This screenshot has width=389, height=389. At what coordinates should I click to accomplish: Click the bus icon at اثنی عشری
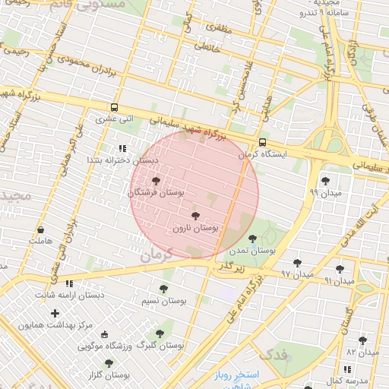[114, 107]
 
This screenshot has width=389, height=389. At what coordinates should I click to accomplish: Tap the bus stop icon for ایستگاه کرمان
[262, 142]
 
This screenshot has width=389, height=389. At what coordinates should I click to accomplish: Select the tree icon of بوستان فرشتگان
[156, 181]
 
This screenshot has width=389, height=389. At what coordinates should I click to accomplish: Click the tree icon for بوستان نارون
[196, 216]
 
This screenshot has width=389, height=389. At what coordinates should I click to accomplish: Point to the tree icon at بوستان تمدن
[252, 239]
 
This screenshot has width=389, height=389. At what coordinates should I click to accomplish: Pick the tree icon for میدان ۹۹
[325, 181]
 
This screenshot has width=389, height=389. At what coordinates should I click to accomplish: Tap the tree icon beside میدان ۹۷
[297, 263]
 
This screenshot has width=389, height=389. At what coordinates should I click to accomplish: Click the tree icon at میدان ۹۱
[340, 268]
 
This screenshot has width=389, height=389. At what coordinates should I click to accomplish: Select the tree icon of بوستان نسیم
[163, 289]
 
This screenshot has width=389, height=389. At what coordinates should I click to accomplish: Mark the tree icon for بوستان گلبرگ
[160, 333]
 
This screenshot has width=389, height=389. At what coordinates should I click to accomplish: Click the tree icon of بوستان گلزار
[109, 364]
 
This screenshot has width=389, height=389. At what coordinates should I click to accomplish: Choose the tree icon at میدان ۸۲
[362, 340]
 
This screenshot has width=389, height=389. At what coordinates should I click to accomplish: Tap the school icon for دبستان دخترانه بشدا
[122, 149]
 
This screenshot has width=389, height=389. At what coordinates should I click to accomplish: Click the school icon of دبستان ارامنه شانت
[69, 283]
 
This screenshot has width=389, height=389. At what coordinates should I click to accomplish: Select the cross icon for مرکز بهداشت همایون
[55, 313]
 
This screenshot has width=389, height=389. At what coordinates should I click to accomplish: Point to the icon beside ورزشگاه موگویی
[105, 335]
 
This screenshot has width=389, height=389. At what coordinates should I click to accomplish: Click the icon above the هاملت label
[40, 229]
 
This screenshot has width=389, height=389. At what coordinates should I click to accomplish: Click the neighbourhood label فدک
[272, 355]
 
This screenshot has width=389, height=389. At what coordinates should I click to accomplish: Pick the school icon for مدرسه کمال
[348, 369]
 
